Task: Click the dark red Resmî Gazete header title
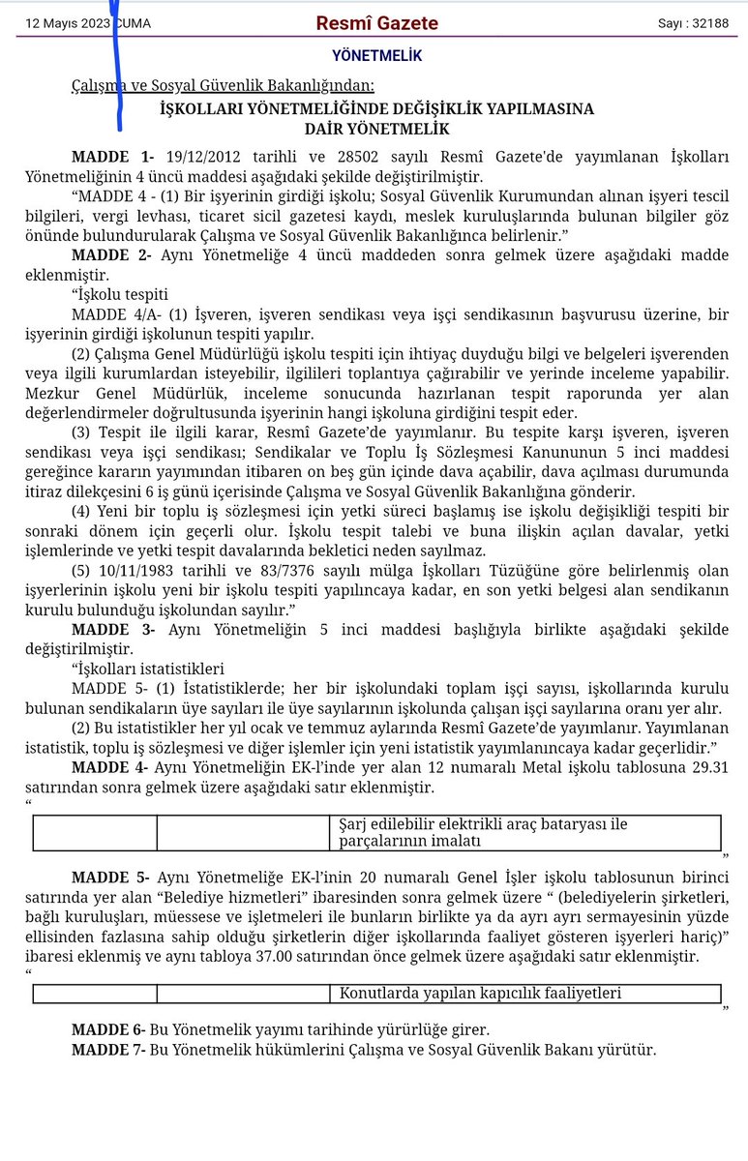point(377,23)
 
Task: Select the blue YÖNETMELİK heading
point(376,56)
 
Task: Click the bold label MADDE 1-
point(112,157)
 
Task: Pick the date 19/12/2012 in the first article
point(201,157)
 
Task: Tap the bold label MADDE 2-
point(112,254)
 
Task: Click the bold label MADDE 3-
point(112,630)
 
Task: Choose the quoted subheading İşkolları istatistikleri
point(148,669)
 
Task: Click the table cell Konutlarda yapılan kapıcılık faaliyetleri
point(480,993)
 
